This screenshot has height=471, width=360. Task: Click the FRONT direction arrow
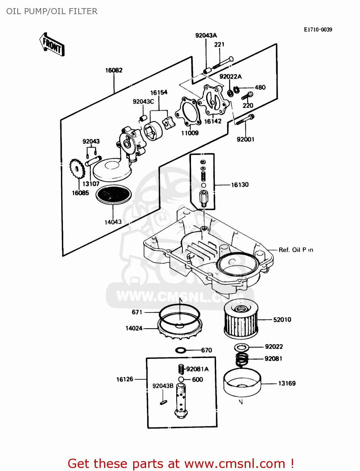[52, 45]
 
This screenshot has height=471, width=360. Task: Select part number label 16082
[114, 70]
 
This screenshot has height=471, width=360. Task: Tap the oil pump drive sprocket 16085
[77, 170]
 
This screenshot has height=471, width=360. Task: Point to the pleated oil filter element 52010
[241, 320]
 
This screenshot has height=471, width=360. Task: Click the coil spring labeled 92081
[242, 359]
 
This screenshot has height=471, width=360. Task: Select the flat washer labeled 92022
[242, 347]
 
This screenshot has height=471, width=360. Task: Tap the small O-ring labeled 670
[181, 350]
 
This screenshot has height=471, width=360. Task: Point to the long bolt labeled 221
[223, 62]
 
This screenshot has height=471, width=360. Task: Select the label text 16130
[240, 185]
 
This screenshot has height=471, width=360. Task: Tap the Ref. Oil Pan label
[296, 250]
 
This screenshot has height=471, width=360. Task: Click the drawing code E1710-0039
[318, 30]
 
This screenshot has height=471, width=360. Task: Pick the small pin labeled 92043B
[163, 402]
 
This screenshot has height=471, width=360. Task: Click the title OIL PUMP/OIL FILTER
[52, 11]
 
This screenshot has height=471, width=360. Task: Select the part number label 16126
[125, 379]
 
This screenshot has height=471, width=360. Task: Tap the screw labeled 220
[248, 95]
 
